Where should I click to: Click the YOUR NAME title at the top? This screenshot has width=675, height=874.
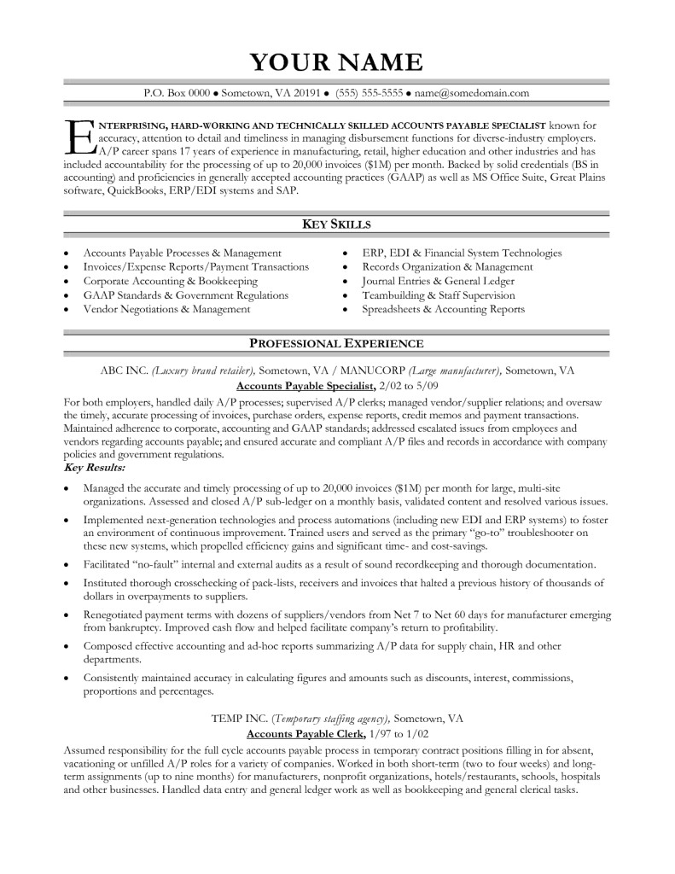pyautogui.click(x=336, y=62)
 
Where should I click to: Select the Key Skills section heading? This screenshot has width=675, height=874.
pyautogui.click(x=336, y=224)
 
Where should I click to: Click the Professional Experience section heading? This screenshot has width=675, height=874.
pyautogui.click(x=336, y=343)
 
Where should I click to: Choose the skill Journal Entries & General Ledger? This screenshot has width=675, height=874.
pyautogui.click(x=438, y=281)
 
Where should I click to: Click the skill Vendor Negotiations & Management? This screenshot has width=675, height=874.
pyautogui.click(x=166, y=309)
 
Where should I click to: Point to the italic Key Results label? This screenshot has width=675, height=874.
pyautogui.click(x=95, y=469)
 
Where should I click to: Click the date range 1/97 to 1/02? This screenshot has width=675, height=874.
pyautogui.click(x=399, y=733)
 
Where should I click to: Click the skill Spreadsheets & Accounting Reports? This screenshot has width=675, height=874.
pyautogui.click(x=443, y=309)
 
